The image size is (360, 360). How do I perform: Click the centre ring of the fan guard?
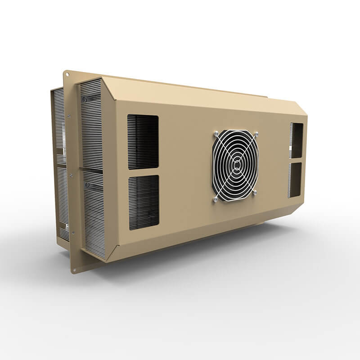(234, 165)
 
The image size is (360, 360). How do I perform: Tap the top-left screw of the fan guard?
(216, 133)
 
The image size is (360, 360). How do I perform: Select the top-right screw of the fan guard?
(256, 133)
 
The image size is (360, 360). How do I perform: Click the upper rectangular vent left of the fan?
(143, 142)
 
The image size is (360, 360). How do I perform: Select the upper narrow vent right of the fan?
(297, 140)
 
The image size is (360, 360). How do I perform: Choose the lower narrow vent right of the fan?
(295, 180)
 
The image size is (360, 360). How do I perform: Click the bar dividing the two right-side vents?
(296, 160)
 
